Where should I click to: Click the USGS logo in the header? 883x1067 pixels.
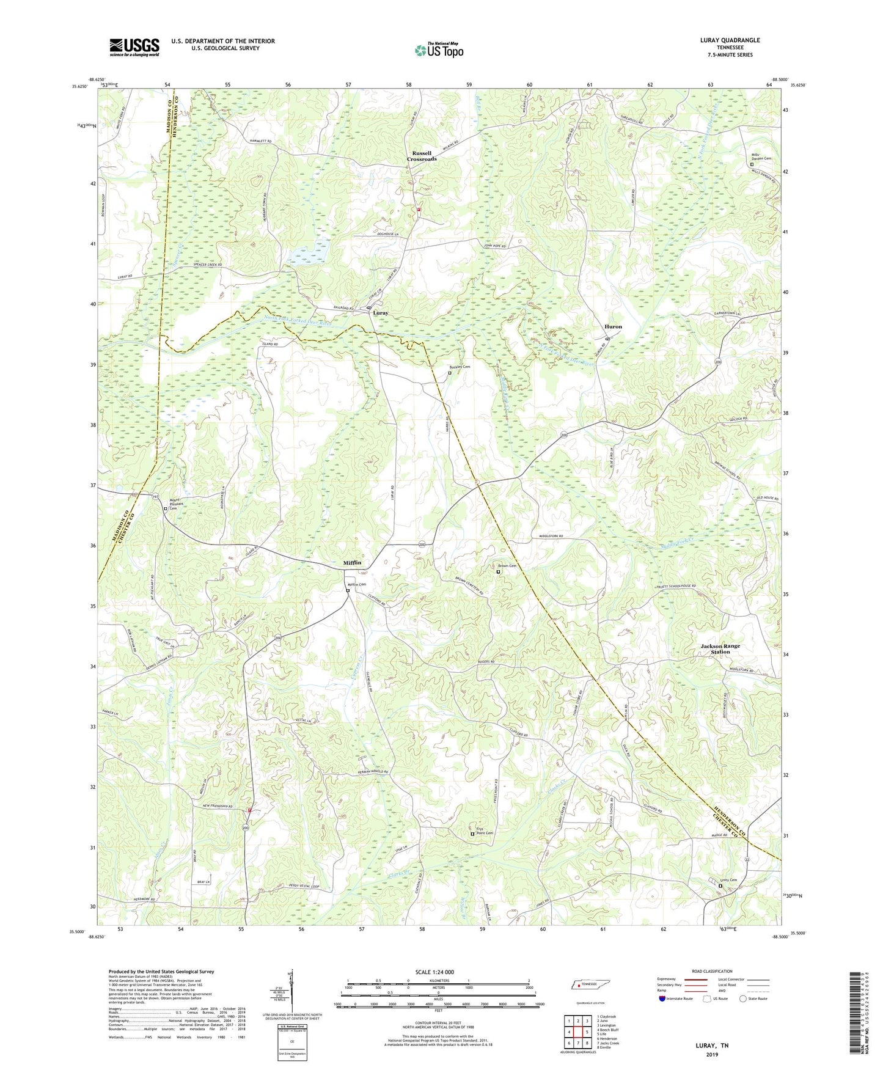[134, 47]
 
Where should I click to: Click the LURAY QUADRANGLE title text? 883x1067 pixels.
[730, 40]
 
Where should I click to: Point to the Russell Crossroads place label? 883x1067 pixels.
[422, 156]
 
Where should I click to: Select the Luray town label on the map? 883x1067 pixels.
[381, 313]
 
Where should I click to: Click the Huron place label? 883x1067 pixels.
[613, 326]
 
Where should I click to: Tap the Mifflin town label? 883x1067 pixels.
[352, 562]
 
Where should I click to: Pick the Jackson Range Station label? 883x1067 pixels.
[720, 648]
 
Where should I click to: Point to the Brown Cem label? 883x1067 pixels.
[507, 566]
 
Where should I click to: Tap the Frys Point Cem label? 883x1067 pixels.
[484, 831]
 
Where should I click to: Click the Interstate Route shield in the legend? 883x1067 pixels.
[662, 999]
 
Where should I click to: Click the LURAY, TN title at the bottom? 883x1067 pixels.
[711, 1046]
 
